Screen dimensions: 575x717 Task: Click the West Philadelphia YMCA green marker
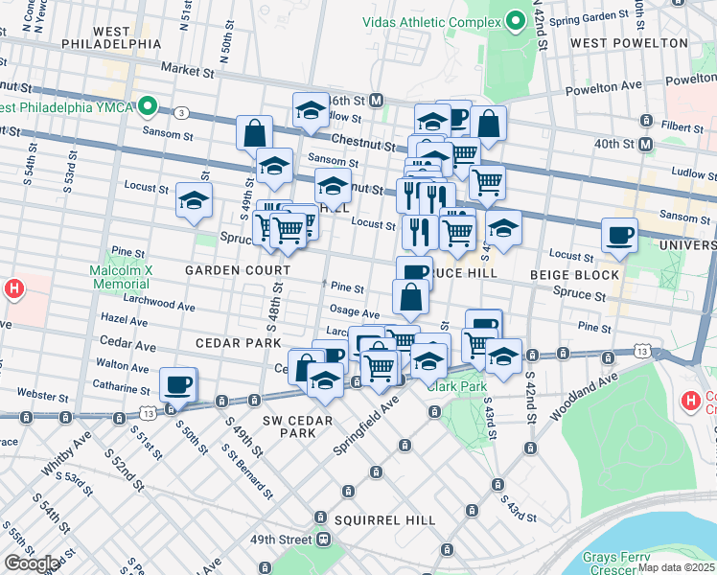point(148,105)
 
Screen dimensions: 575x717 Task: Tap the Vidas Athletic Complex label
point(431,21)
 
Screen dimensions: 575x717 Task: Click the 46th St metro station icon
point(377,100)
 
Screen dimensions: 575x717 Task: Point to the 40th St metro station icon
point(645,144)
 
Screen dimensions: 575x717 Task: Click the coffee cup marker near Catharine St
point(178,384)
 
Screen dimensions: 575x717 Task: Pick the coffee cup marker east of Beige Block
point(619,235)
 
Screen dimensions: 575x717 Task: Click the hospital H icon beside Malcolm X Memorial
point(14,287)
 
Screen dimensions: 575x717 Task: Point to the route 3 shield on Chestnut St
point(182,112)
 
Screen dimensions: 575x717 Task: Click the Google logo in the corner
point(32,563)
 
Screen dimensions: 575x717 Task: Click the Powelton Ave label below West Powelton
point(682,80)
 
